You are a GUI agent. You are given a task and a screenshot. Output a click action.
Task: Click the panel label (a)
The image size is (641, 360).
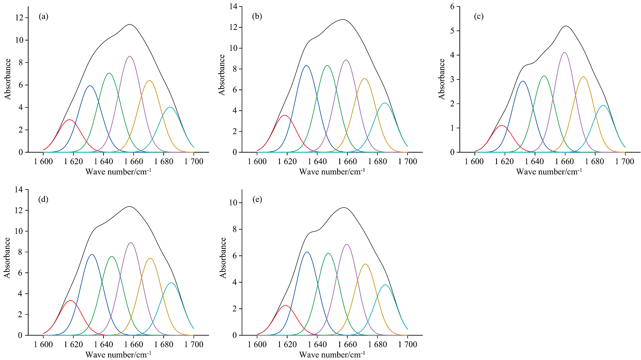43,17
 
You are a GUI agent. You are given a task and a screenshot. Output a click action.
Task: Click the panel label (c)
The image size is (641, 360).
479,17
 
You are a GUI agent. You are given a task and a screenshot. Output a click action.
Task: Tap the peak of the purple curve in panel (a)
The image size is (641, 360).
130,56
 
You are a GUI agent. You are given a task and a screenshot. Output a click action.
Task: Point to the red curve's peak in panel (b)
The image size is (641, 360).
285,115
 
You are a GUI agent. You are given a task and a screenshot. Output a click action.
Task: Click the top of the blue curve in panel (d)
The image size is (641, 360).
91,254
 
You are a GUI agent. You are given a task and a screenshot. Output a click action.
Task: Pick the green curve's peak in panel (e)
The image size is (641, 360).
328,253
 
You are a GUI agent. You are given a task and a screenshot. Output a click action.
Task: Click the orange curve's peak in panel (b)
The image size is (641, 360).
365,79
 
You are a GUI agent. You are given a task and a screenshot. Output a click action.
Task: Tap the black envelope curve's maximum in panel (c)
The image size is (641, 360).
566,26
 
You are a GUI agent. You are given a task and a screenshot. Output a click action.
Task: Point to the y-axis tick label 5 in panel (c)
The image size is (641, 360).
458,31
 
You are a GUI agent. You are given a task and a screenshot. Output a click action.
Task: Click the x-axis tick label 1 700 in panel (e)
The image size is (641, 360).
408,345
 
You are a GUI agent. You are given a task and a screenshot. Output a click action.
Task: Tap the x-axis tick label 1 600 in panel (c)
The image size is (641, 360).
474,162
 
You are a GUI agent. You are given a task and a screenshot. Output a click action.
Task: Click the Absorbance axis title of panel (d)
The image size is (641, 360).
7,257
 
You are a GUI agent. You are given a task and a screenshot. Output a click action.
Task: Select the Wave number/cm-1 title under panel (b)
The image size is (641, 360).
332,172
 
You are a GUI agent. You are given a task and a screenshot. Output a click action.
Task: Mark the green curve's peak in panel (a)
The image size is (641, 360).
109,73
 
